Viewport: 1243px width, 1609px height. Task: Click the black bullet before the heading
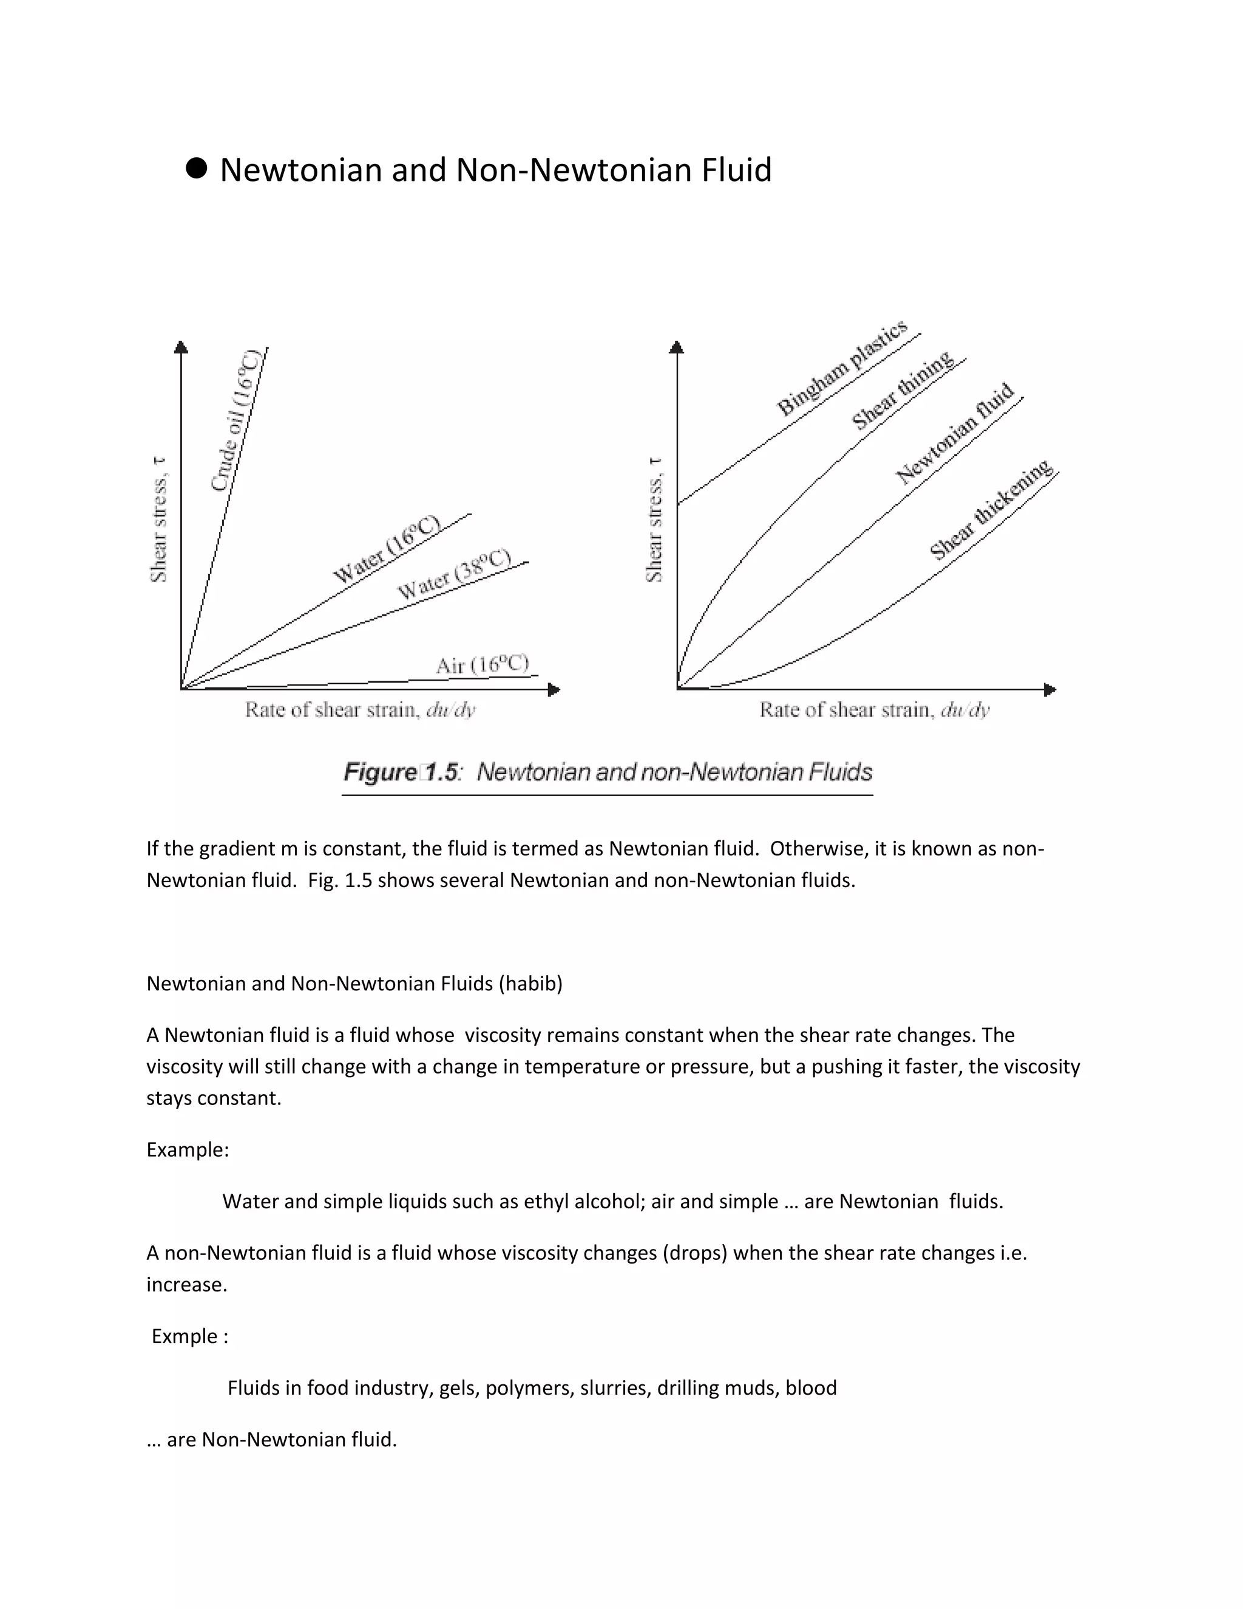196,168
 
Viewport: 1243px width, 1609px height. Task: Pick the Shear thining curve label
903,390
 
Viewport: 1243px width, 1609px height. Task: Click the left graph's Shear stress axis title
158,519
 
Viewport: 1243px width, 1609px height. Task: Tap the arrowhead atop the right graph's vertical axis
677,347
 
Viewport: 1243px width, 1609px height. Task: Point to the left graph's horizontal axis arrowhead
555,690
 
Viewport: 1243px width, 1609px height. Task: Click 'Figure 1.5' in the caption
401,772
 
